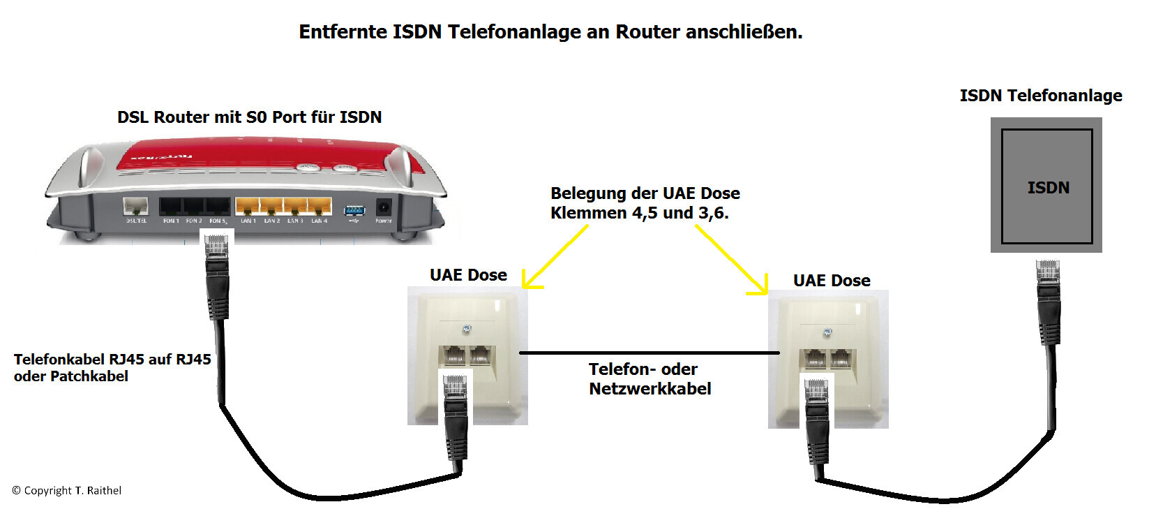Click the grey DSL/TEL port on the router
[x=135, y=207]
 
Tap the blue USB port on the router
[x=354, y=210]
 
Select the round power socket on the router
[x=384, y=207]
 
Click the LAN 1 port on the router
[x=248, y=207]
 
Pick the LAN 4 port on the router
[x=320, y=207]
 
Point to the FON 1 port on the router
[x=171, y=207]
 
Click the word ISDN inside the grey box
[x=1048, y=188]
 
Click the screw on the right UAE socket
[x=827, y=333]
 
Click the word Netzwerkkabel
[x=650, y=389]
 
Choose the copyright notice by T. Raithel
[x=67, y=491]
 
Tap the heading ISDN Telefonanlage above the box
[x=1040, y=96]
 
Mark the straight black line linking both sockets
[x=649, y=353]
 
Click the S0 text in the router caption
[x=257, y=117]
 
